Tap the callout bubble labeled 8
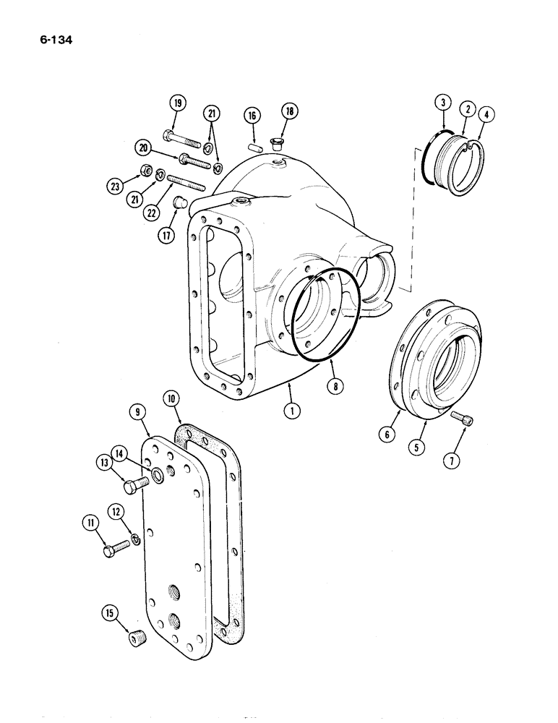pos(335,387)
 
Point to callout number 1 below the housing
pos(292,410)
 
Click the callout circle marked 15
pos(109,615)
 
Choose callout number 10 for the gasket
pos(171,399)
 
